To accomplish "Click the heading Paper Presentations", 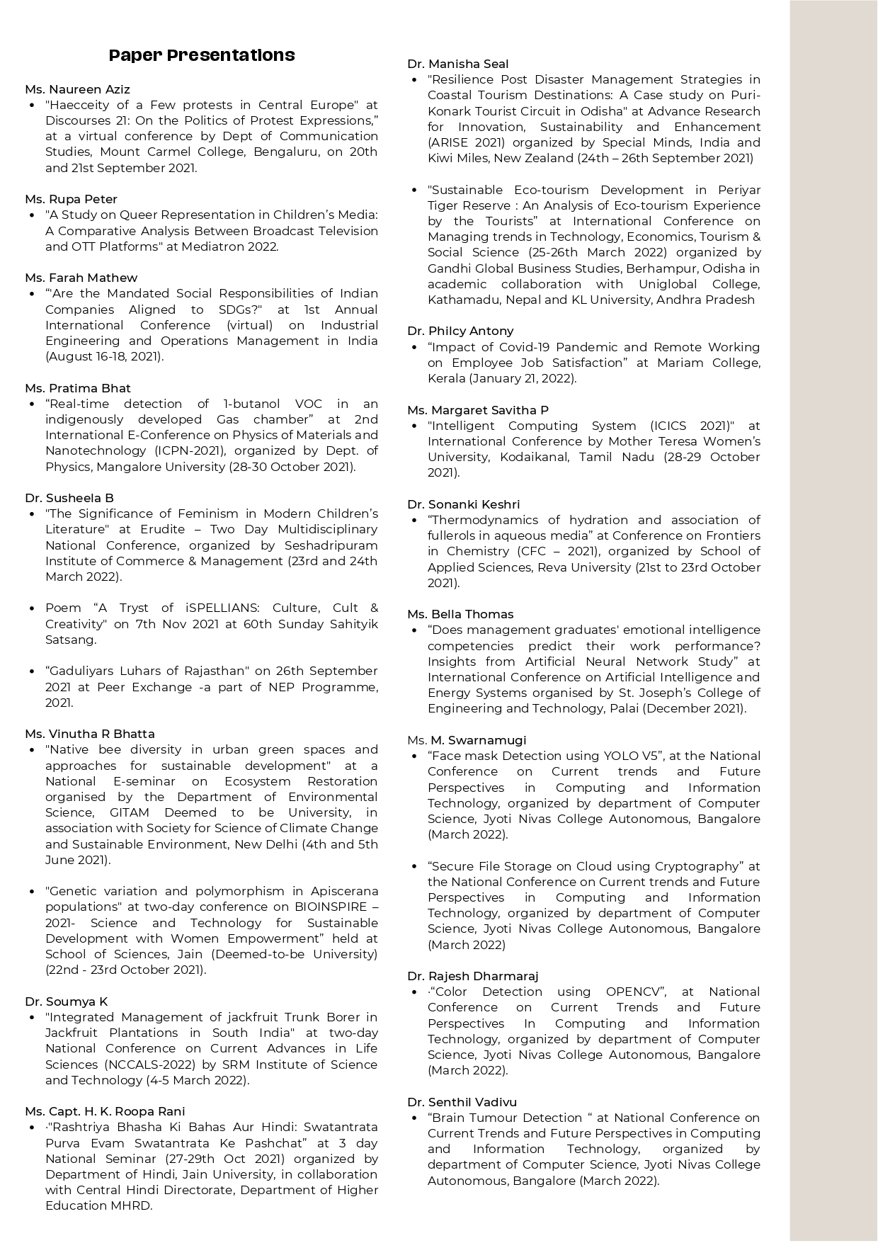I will tap(202, 55).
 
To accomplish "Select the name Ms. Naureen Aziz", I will tap(77, 89).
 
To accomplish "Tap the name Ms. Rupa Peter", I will tap(71, 199).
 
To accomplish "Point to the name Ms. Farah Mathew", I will tap(81, 278).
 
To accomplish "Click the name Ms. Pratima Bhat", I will tap(78, 388).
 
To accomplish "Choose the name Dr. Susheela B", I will tap(69, 498).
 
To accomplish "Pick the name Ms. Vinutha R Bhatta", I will tap(89, 734).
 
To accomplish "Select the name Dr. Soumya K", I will tap(66, 1001).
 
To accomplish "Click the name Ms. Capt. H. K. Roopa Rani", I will tap(105, 1111).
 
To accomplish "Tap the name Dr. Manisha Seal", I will tap(458, 64).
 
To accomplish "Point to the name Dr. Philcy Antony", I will tap(460, 331).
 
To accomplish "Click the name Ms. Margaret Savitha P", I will tap(478, 410).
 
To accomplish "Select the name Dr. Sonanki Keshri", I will tap(463, 504).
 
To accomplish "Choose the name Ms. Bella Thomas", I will tap(460, 614).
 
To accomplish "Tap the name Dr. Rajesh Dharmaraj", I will tap(472, 976).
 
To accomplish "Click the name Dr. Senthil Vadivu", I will tap(462, 1102).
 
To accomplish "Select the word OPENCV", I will tap(634, 992).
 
